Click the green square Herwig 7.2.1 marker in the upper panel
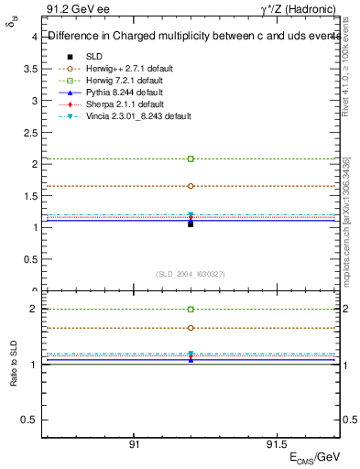[191, 158]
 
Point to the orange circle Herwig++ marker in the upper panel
[191, 186]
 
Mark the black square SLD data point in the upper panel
[191, 224]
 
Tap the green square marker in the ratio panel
[191, 310]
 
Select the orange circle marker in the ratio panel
[191, 327]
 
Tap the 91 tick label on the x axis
[134, 444]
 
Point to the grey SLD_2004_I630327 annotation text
[191, 274]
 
